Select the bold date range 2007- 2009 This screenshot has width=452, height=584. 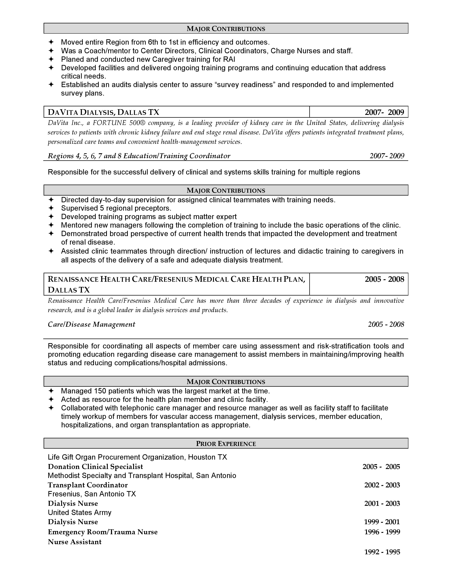pyautogui.click(x=384, y=112)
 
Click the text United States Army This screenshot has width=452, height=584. pyautogui.click(x=80, y=512)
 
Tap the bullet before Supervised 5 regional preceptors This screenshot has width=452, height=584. pyautogui.click(x=51, y=208)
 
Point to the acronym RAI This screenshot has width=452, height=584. pyautogui.click(x=229, y=59)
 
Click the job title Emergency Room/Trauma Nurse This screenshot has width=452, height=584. pyautogui.click(x=103, y=532)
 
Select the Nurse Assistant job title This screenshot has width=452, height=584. pyautogui.click(x=75, y=542)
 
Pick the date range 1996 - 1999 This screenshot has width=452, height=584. pyautogui.click(x=382, y=532)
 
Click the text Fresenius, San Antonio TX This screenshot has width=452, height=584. pyautogui.click(x=92, y=494)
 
